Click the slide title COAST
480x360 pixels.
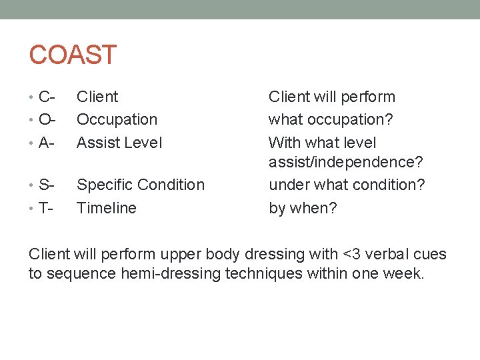coord(73,55)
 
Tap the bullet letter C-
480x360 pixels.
coord(46,97)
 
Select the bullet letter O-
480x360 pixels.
coord(47,120)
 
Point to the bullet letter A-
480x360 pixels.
coord(46,143)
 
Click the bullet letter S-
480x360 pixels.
coord(46,185)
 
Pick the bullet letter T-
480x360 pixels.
coord(45,208)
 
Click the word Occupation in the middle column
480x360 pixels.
coord(117,120)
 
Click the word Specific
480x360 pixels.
coord(105,185)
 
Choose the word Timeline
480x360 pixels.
coord(107,208)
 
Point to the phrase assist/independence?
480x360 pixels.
coord(345,162)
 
